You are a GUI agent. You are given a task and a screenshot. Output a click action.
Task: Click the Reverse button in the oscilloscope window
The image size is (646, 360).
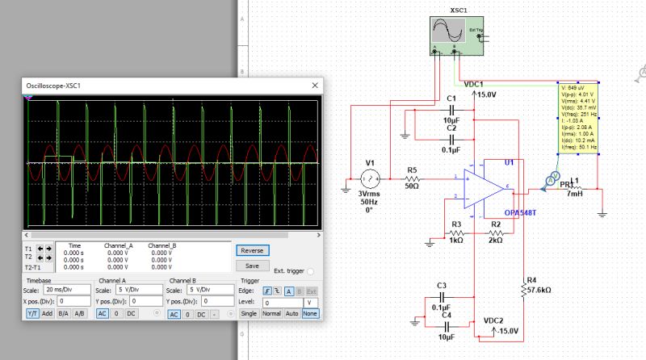click(253, 251)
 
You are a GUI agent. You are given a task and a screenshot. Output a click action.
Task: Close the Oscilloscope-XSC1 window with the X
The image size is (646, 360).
click(314, 86)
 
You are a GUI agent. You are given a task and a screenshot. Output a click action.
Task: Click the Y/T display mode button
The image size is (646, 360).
click(32, 313)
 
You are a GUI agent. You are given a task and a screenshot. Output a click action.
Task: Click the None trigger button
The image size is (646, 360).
click(309, 313)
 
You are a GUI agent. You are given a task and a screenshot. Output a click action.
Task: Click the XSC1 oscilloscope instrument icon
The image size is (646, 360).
click(455, 35)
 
